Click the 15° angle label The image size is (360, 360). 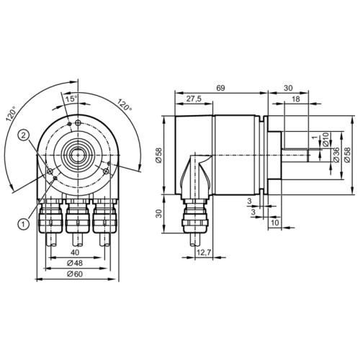tap(73, 98)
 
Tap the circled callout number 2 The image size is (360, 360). tap(24, 135)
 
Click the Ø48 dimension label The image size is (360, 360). tap(74, 264)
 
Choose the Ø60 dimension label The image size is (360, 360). tap(74, 274)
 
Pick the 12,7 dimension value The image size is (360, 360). tap(204, 251)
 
